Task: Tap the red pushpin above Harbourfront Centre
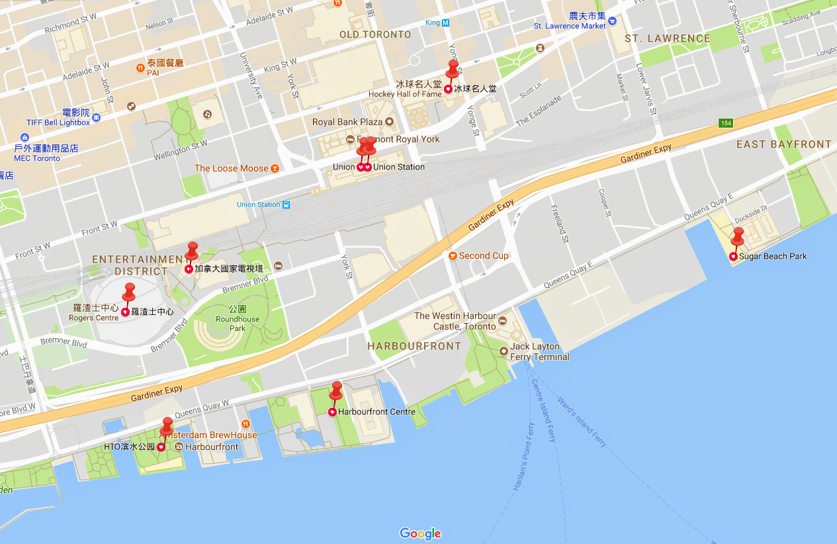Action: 336,390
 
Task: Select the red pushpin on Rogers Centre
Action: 129,292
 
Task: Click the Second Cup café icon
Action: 452,256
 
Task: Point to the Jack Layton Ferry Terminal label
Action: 539,351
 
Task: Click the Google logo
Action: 420,533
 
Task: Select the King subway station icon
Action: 446,23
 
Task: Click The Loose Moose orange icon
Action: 275,168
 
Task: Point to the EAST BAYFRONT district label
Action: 784,144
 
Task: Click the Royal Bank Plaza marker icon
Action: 389,122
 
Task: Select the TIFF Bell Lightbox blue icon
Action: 97,117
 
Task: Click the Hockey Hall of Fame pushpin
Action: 453,69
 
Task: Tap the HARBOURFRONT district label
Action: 414,346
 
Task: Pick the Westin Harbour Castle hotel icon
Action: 502,322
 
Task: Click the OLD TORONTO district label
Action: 375,34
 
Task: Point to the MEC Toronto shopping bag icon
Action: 24,138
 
